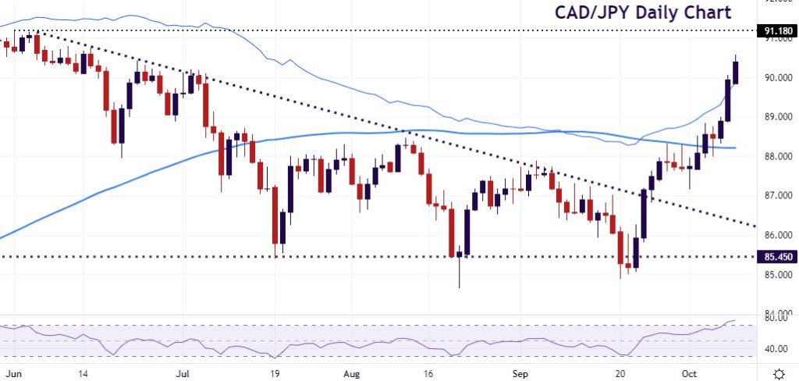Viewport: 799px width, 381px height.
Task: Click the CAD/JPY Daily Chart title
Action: [x=643, y=12]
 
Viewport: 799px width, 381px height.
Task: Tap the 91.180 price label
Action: [x=779, y=30]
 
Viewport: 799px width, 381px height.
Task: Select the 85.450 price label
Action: [x=779, y=256]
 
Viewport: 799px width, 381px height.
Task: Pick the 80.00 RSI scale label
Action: [x=776, y=319]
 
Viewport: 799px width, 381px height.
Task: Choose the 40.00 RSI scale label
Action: [x=776, y=348]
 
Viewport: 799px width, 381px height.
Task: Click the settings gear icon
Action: [x=778, y=372]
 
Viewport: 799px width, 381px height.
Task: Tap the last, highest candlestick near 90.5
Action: [x=736, y=71]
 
